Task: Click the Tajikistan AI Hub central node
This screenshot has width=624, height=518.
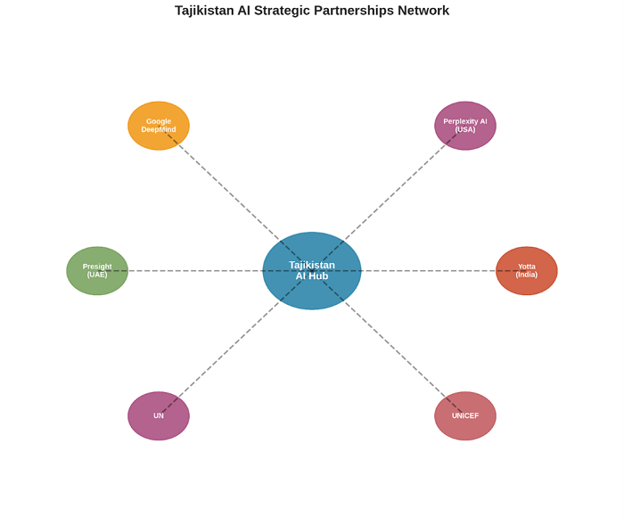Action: (x=312, y=270)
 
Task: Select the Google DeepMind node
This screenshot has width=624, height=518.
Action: (x=159, y=126)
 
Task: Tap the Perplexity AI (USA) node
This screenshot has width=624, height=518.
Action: (x=465, y=126)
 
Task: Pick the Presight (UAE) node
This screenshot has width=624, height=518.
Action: (x=97, y=270)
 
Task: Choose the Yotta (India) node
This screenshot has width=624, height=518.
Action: (x=526, y=270)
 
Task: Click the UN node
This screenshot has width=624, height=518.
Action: (x=159, y=415)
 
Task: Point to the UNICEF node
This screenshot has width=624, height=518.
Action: (x=465, y=415)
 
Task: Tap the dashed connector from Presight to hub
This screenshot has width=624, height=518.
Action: (x=196, y=271)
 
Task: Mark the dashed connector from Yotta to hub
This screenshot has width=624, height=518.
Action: (x=428, y=271)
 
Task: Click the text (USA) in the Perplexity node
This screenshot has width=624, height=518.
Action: (x=465, y=130)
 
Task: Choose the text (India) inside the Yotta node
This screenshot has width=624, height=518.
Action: (x=526, y=275)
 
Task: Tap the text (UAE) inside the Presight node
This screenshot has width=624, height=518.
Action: (x=97, y=275)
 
